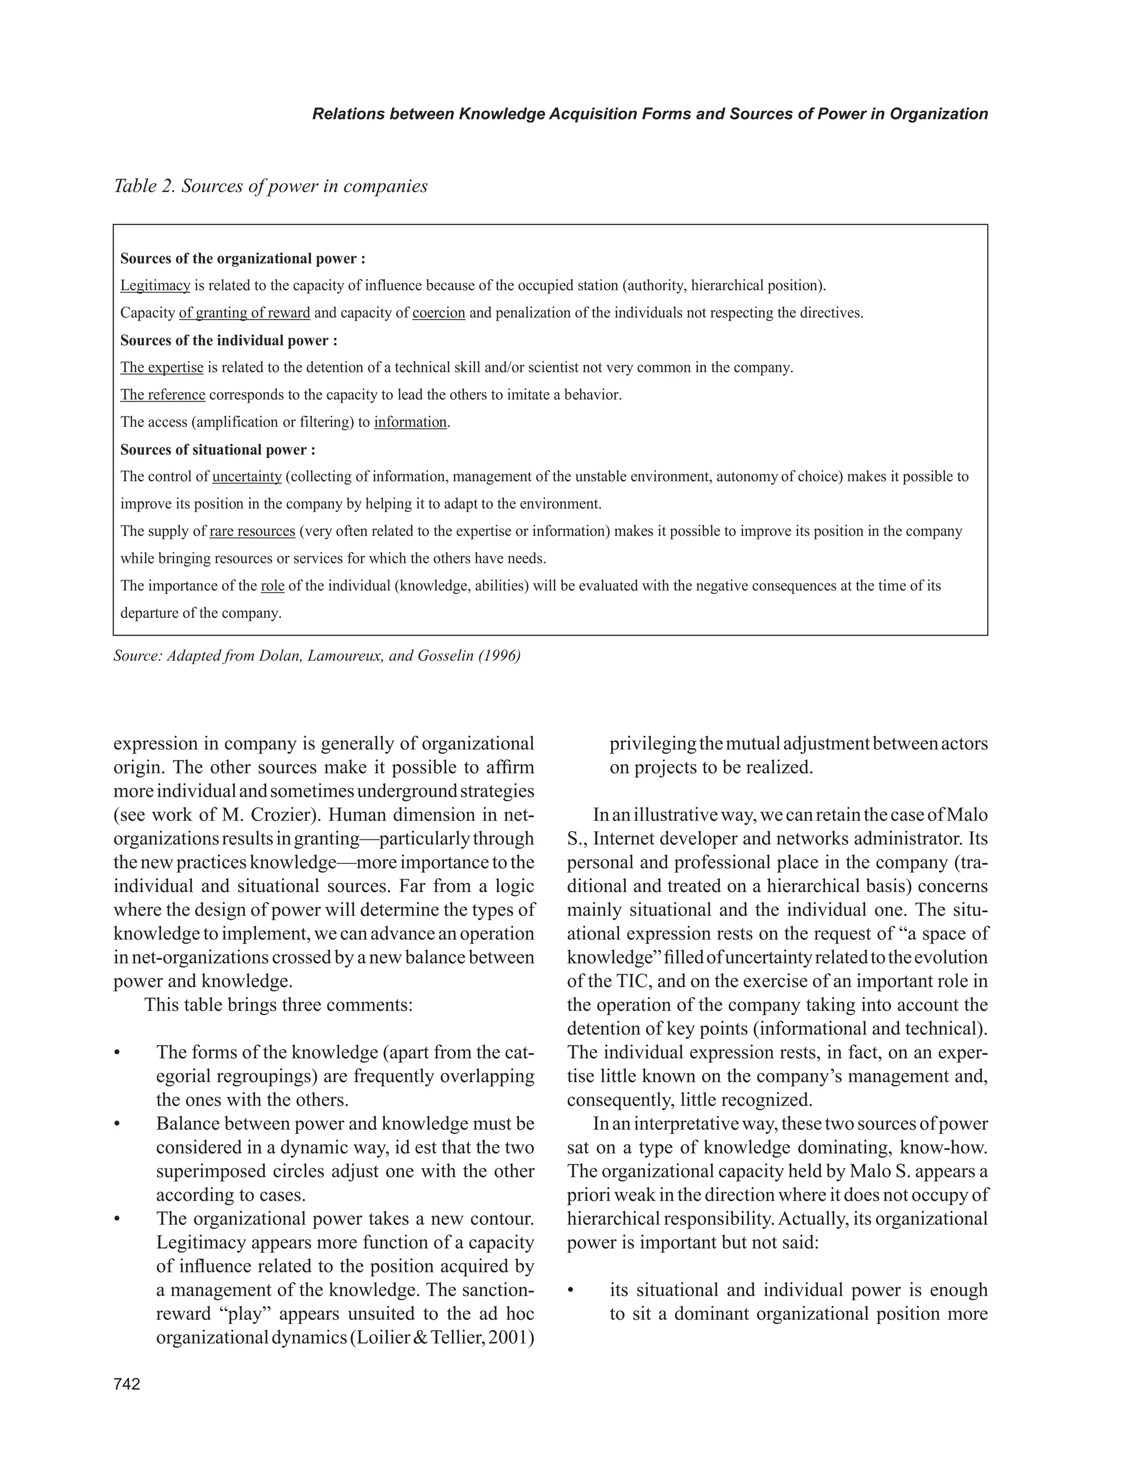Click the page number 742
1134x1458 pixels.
pos(127,1384)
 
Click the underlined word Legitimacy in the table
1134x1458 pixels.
pos(155,286)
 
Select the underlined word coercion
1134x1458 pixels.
pos(439,313)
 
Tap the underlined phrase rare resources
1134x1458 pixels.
pos(252,532)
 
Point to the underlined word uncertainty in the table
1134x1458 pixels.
pos(247,477)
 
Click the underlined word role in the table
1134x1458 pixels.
pos(272,586)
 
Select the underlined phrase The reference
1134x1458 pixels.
pos(163,395)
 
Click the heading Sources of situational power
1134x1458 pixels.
pos(218,450)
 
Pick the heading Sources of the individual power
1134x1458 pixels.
pos(228,341)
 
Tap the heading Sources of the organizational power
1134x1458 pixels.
pos(243,259)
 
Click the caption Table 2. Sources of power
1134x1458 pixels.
pos(270,186)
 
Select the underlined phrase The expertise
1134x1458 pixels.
pos(162,368)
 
